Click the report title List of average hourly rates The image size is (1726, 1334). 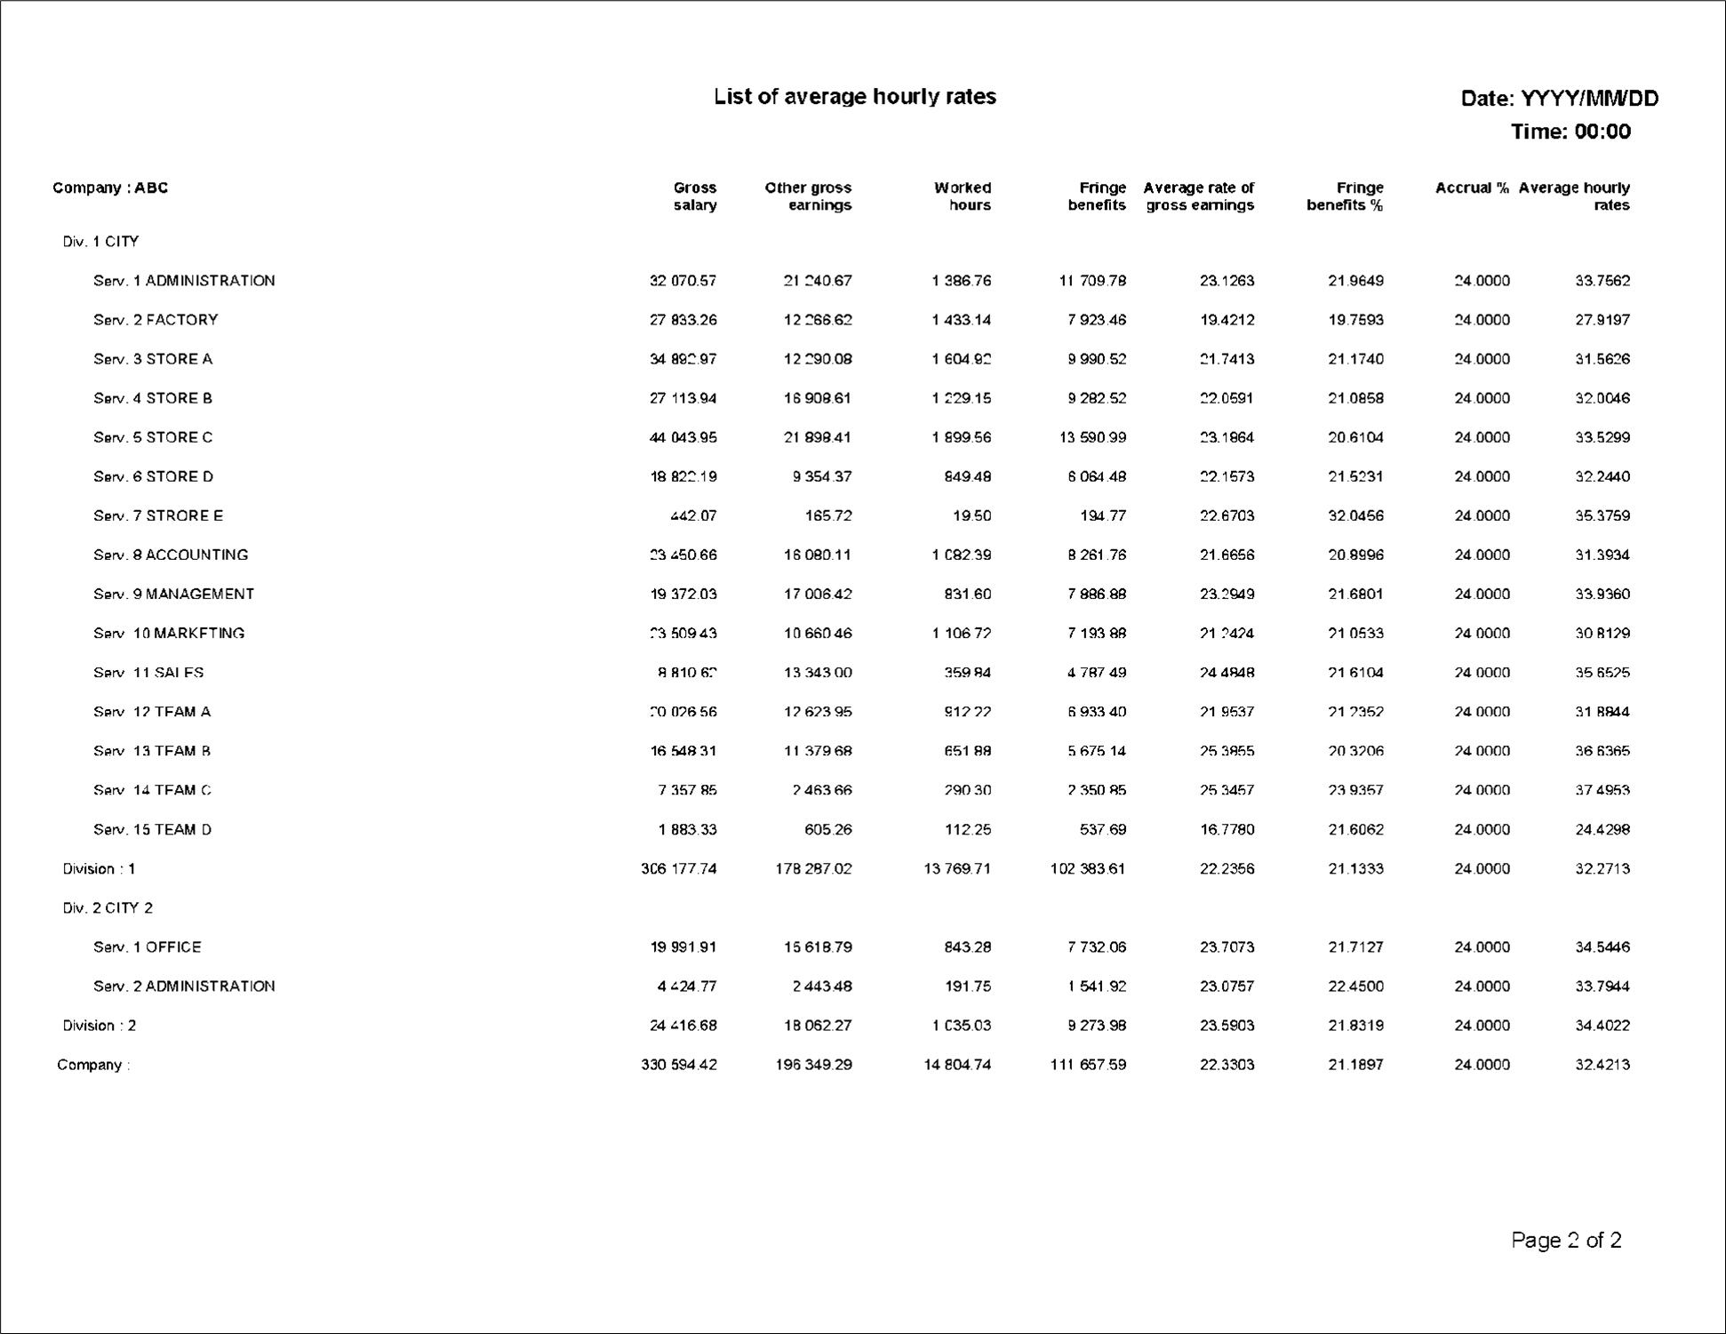(x=854, y=97)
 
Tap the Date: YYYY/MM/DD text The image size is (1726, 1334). (x=1559, y=99)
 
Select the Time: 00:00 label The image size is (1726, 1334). (x=1570, y=132)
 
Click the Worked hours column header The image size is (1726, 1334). (x=963, y=196)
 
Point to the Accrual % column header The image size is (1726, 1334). (x=1471, y=188)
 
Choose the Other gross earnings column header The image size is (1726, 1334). (x=808, y=196)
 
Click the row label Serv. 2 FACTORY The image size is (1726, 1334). (x=156, y=320)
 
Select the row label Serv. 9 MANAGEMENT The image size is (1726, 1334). (x=173, y=594)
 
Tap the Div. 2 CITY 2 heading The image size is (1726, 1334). (x=108, y=907)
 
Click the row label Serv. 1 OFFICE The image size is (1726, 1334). (x=148, y=947)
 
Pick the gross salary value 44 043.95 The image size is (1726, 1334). (x=683, y=437)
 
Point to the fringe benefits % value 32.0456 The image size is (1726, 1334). (x=1355, y=515)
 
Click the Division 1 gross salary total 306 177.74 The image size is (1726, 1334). (x=678, y=868)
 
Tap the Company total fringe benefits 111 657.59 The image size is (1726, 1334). (x=1088, y=1064)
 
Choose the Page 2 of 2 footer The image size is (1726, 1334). (x=1566, y=1240)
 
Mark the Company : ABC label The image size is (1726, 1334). (x=110, y=188)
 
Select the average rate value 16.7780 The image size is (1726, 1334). (x=1227, y=829)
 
